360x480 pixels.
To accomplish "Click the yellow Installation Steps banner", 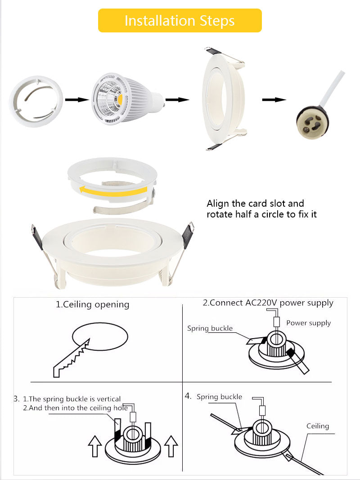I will pos(180,21).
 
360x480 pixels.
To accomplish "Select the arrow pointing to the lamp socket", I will pos(274,100).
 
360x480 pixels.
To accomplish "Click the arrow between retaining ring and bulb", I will pos(76,100).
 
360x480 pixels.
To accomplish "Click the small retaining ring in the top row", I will pos(36,101).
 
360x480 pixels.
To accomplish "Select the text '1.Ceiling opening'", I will pos(92,305).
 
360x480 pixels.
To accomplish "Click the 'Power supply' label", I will pos(308,323).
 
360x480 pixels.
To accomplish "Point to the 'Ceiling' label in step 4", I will pos(318,426).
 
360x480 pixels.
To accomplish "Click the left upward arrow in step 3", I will pos(94,446).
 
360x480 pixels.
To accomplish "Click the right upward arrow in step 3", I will pos(171,446).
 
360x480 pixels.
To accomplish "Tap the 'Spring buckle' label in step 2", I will pos(210,328).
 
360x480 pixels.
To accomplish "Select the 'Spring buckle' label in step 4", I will pos(219,397).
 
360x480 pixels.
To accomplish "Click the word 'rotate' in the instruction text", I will pos(220,214).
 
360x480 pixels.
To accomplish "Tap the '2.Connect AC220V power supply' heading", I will pos(268,303).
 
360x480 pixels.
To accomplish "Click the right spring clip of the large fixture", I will pos(188,235).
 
